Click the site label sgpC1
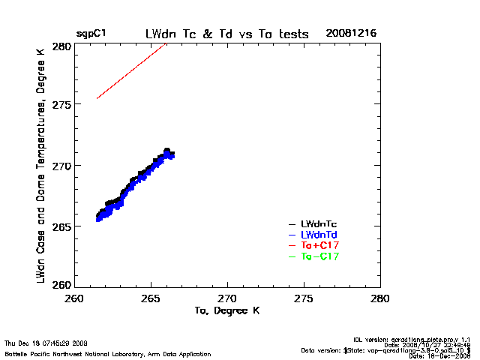click(x=91, y=34)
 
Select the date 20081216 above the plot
click(x=351, y=34)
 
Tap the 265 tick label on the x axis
click(x=151, y=298)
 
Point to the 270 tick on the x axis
click(x=227, y=298)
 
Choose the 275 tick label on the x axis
click(x=304, y=298)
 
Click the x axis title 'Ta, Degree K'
click(x=226, y=310)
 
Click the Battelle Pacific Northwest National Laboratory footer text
click(x=108, y=353)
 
